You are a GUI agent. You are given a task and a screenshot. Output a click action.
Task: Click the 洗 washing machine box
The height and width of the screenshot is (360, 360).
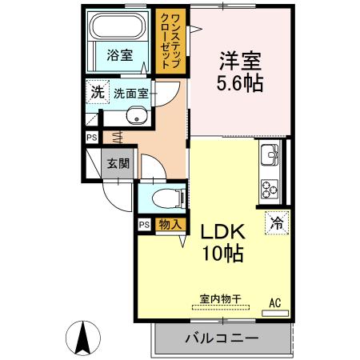tap(96, 92)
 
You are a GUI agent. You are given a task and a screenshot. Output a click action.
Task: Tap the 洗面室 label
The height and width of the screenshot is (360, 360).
tap(130, 93)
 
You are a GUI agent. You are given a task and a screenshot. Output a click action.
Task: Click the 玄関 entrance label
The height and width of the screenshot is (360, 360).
tap(118, 162)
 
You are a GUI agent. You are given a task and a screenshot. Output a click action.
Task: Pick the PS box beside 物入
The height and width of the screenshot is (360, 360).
tap(144, 225)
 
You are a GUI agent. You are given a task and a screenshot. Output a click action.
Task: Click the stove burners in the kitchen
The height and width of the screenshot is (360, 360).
tap(268, 189)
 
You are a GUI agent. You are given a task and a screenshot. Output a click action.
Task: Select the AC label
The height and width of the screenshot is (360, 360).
tap(275, 302)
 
